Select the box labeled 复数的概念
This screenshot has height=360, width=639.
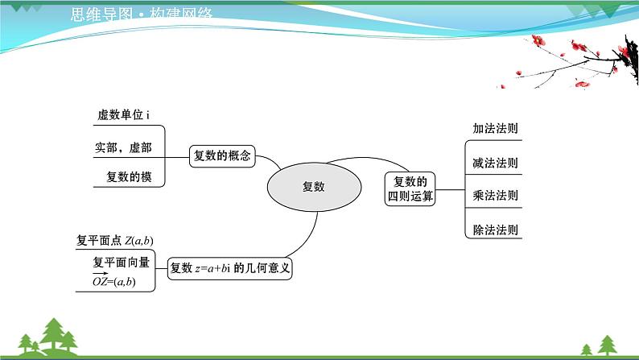(x=222, y=156)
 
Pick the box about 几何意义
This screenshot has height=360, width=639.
(x=230, y=269)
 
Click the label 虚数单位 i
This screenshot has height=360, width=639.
(x=123, y=115)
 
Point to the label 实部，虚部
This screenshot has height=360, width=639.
(x=122, y=147)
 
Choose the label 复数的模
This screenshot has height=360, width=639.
(x=129, y=177)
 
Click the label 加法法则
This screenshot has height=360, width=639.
(x=495, y=129)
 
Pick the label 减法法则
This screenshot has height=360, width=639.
(x=495, y=163)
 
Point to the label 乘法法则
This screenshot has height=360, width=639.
(x=495, y=196)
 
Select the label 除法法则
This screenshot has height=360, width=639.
(x=495, y=230)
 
